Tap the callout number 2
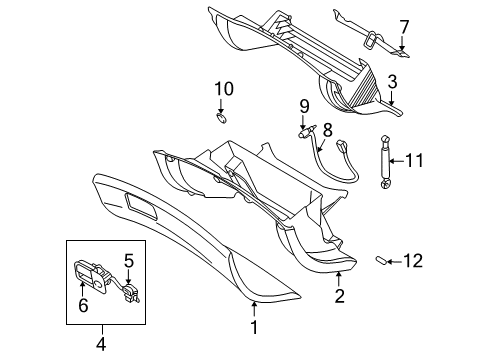pos(340,295)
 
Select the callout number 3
pos(394,82)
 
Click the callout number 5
pos(129,261)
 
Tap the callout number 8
pos(326,128)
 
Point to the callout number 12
pos(412,262)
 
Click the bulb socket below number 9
pos(304,128)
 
